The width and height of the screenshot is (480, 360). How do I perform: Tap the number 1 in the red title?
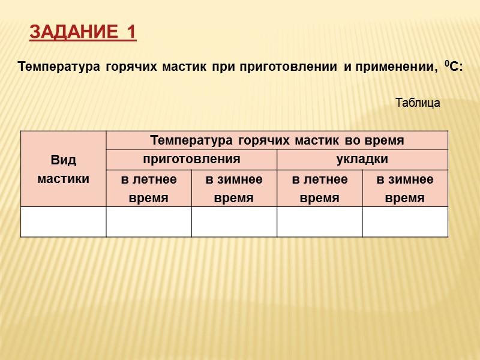131,32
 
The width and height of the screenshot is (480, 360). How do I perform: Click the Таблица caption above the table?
418,103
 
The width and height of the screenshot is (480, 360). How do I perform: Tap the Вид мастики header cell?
63,169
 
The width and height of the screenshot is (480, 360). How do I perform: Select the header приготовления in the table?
191,160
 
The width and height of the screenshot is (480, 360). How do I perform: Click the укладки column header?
362,160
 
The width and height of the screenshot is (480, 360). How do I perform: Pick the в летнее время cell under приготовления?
149,188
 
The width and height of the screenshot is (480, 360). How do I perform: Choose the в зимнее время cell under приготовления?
234,188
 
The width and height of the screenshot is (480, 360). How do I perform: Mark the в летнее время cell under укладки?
319,188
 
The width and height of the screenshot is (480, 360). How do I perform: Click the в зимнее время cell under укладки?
405,188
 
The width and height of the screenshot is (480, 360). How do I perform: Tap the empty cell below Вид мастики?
63,221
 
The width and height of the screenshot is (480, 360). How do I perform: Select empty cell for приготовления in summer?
149,221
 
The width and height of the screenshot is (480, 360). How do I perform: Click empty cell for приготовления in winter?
234,221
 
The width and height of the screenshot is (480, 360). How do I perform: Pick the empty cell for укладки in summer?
319,221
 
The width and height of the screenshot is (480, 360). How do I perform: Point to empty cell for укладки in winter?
405,221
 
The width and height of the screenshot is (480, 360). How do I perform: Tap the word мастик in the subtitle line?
184,67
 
